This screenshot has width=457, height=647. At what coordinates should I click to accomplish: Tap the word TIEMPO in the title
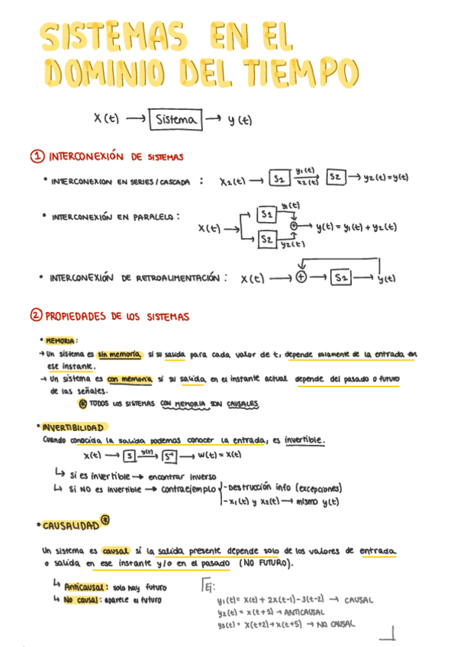[x=300, y=75]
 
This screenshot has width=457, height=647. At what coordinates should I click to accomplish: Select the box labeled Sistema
[x=176, y=120]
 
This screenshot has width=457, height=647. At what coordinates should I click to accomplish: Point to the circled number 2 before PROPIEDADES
[x=36, y=315]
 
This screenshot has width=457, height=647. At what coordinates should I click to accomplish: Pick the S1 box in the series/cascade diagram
[x=279, y=179]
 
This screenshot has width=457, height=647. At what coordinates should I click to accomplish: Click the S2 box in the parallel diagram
[x=267, y=240]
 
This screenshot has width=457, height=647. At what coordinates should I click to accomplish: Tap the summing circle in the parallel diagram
[x=294, y=227]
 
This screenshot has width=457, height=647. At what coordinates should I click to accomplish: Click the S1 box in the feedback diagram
[x=341, y=278]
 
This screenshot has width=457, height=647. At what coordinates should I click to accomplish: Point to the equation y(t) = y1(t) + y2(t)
[x=356, y=227]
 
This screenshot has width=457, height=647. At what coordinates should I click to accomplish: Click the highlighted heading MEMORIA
[x=61, y=340]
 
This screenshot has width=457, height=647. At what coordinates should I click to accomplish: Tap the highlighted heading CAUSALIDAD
[x=70, y=526]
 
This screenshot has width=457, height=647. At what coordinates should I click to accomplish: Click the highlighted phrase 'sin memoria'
[x=120, y=354]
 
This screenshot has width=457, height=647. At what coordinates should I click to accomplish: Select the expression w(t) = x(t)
[x=220, y=455]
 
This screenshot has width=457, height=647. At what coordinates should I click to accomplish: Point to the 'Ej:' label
[x=208, y=586]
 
